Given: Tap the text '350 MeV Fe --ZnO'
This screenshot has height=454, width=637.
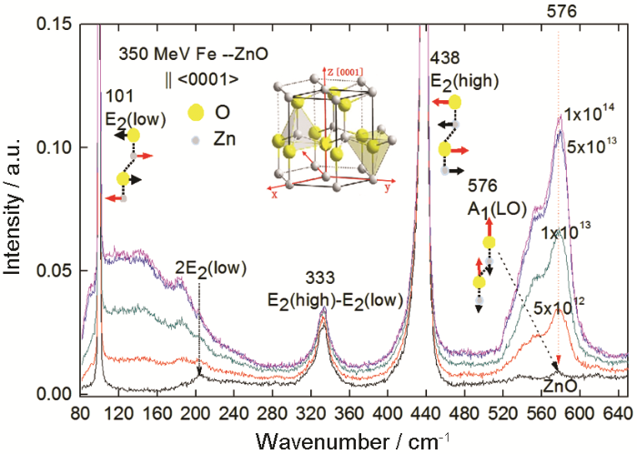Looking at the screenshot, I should (177, 54).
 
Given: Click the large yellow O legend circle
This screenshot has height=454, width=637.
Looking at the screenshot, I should (124, 114).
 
